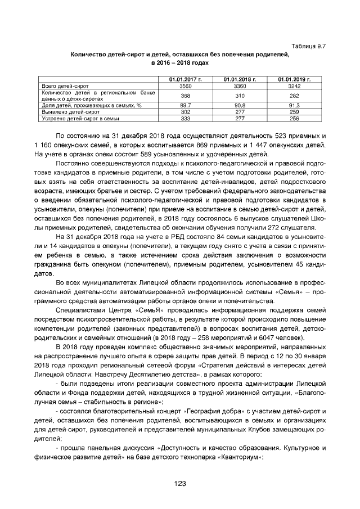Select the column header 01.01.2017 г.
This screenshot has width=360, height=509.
185,80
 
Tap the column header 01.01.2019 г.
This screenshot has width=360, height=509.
294,80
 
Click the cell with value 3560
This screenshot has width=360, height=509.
185,86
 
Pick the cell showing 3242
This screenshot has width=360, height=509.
294,86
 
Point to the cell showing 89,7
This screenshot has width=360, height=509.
185,105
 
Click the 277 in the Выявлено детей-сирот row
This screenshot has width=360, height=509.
240,112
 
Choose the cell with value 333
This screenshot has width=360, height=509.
185,119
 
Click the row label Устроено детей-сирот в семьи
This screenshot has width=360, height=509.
78,119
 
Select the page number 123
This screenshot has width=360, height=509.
180,483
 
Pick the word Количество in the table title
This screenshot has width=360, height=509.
89,55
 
